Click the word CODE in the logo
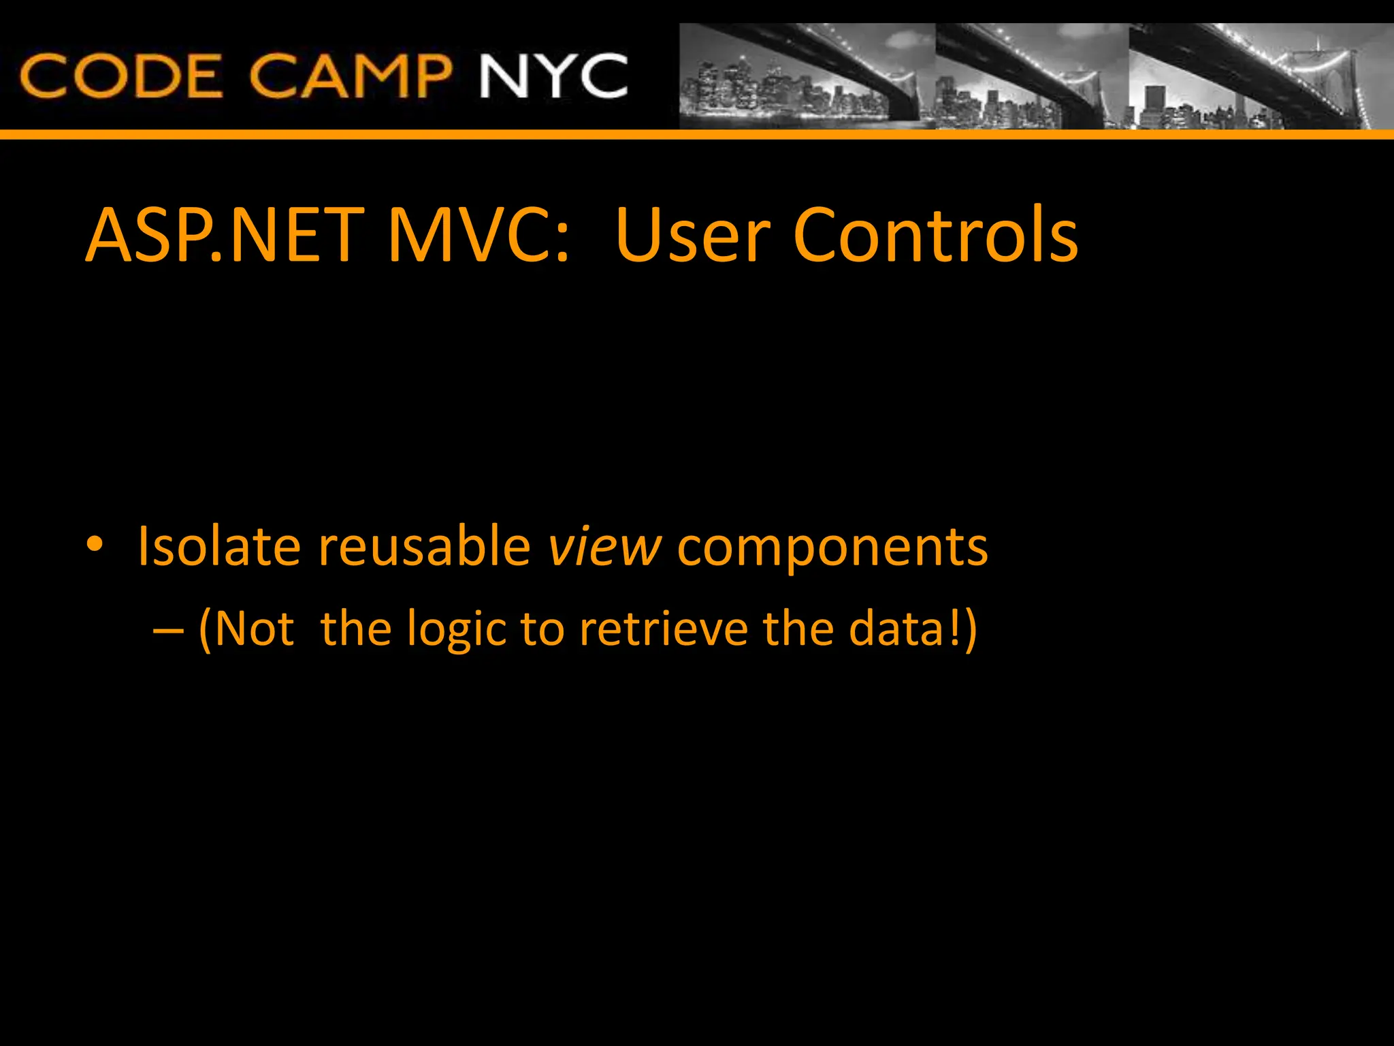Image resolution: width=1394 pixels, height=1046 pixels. click(121, 76)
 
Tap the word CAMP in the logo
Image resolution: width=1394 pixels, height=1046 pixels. click(350, 76)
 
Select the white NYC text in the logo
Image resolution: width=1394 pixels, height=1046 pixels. click(553, 76)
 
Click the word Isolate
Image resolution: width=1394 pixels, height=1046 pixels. click(218, 546)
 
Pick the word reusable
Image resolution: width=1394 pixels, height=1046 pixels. click(424, 546)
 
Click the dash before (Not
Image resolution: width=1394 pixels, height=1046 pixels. click(168, 631)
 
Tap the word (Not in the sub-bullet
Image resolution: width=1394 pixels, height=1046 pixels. click(246, 629)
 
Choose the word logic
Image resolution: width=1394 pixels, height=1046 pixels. click(457, 631)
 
